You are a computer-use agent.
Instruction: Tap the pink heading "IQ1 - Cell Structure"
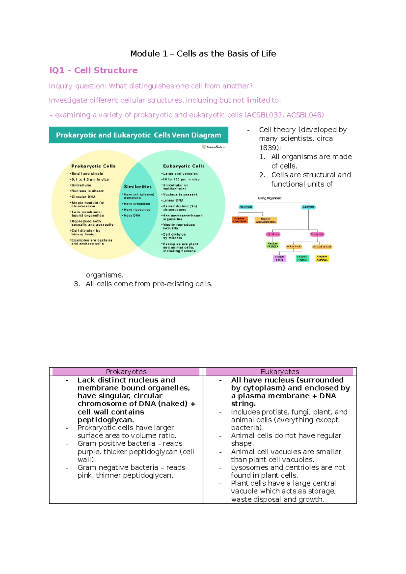point(93,70)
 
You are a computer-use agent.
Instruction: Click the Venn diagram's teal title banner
point(138,135)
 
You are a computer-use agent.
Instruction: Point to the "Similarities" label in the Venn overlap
point(138,187)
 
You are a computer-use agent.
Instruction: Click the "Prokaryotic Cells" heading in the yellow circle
point(93,166)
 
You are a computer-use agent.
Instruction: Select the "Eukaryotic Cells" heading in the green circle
point(184,166)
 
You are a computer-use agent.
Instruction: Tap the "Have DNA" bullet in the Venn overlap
point(132,215)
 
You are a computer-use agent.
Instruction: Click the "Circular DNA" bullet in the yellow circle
point(83,197)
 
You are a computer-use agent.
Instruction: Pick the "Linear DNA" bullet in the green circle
point(173,200)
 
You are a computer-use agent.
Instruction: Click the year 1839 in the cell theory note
point(269,148)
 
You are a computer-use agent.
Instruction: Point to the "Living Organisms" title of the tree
point(270,198)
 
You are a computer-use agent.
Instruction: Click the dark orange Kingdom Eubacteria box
point(240,220)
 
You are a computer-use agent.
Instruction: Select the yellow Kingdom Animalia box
point(322,258)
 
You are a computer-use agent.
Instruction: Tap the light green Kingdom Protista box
point(273,245)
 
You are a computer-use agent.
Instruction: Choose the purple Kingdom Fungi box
point(279,258)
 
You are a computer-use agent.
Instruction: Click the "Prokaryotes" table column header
point(126,372)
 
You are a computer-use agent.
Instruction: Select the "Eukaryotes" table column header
point(280,372)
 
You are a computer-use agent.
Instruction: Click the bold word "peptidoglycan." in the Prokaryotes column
point(106,420)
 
